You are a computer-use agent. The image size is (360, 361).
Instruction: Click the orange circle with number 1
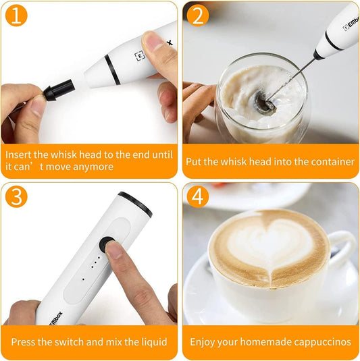pos(16,16)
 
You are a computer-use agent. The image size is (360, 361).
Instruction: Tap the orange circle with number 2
pos(198,16)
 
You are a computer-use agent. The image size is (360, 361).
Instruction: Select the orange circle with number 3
pos(16,197)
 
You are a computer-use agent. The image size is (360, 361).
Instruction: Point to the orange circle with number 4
pos(198,197)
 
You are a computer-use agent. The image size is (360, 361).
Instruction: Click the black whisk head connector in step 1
pos(59,90)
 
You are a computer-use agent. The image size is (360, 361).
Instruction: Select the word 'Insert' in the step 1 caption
pos(18,155)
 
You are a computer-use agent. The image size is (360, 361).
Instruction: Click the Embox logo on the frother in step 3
pos(55,318)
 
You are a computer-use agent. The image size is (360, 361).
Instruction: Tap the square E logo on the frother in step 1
pos(140,56)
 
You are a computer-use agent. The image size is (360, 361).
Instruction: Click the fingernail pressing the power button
pos(113,250)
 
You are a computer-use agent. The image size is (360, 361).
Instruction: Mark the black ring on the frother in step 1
pos(112,70)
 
